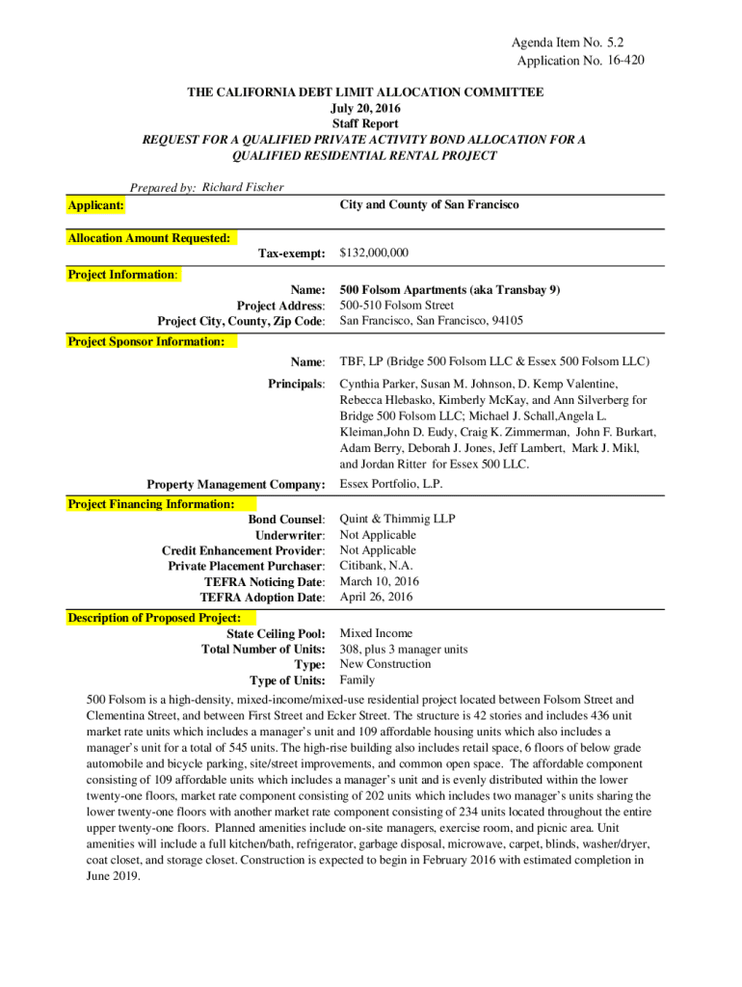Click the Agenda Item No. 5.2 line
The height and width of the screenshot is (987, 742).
574,43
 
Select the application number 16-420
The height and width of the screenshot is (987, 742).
622,61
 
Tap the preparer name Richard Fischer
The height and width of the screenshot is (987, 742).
243,187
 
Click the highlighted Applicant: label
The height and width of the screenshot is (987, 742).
95,205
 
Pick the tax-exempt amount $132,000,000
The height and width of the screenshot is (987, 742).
374,253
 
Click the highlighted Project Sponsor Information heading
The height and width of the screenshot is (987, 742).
146,341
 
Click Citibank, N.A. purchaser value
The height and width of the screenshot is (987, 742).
376,566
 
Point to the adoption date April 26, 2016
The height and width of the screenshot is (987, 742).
376,597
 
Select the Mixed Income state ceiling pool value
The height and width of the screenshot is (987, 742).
376,633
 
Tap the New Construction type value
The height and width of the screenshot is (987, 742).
385,664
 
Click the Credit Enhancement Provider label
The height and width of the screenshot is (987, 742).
243,550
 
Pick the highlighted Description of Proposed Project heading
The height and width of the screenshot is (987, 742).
154,618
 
